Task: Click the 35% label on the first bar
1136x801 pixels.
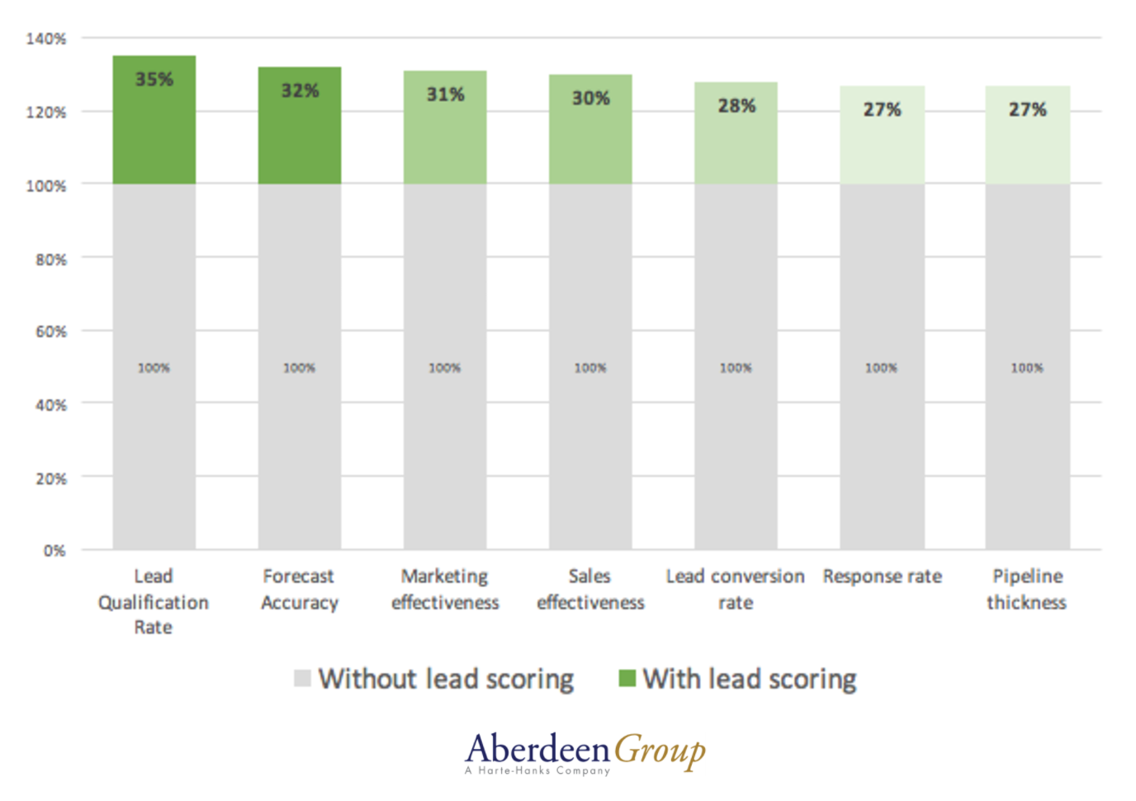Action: point(154,79)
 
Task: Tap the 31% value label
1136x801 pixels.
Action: point(445,94)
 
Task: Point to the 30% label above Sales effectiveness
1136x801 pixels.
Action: point(590,98)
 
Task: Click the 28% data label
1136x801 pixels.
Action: point(736,106)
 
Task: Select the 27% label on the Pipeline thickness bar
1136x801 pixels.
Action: point(1027,109)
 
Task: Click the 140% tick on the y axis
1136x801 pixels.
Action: point(46,39)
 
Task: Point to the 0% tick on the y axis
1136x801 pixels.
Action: point(54,551)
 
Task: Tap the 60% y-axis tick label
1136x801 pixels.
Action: point(50,332)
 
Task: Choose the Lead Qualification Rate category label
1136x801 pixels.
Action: point(154,601)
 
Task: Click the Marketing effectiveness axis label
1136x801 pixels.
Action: point(445,589)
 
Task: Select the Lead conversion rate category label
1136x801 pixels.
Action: point(735,589)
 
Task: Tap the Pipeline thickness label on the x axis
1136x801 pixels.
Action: point(1027,589)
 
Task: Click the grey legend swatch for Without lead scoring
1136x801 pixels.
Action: point(302,679)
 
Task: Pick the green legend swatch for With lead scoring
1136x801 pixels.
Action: point(627,679)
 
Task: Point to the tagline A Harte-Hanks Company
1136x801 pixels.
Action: point(537,771)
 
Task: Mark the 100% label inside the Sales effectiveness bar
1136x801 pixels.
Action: point(590,367)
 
